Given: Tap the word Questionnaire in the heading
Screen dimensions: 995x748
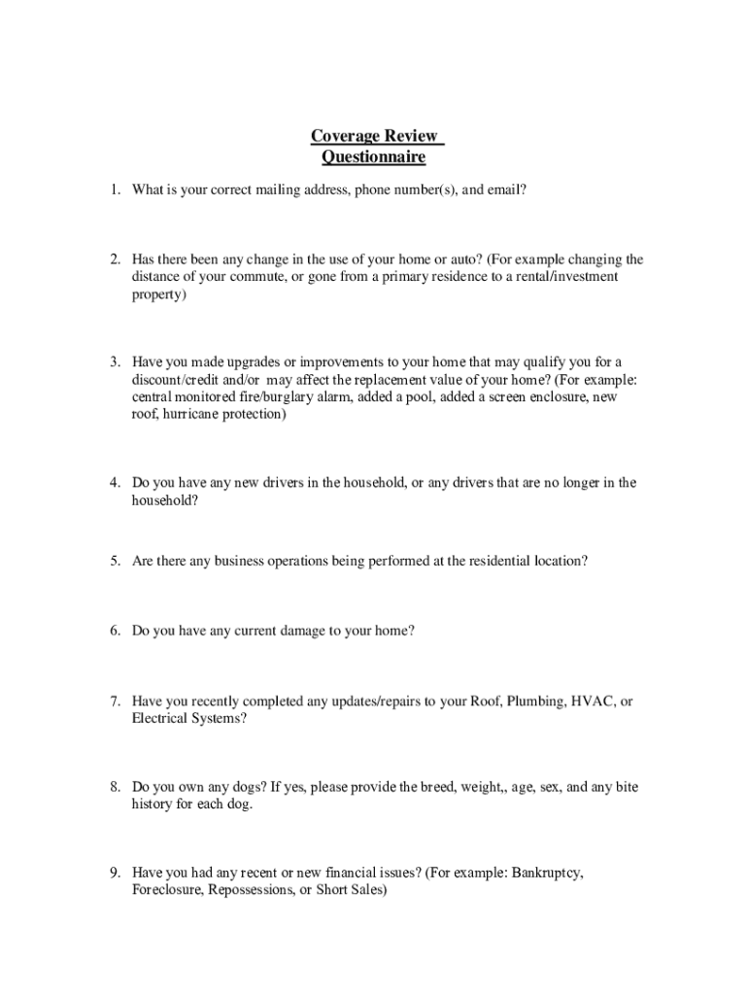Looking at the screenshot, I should coord(374,156).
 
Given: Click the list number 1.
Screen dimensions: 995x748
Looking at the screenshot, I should coord(114,190).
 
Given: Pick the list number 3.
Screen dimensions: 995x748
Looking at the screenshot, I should coord(114,362).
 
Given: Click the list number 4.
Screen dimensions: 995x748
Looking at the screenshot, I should coord(114,483).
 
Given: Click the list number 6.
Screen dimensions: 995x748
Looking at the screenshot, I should coord(114,631).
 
